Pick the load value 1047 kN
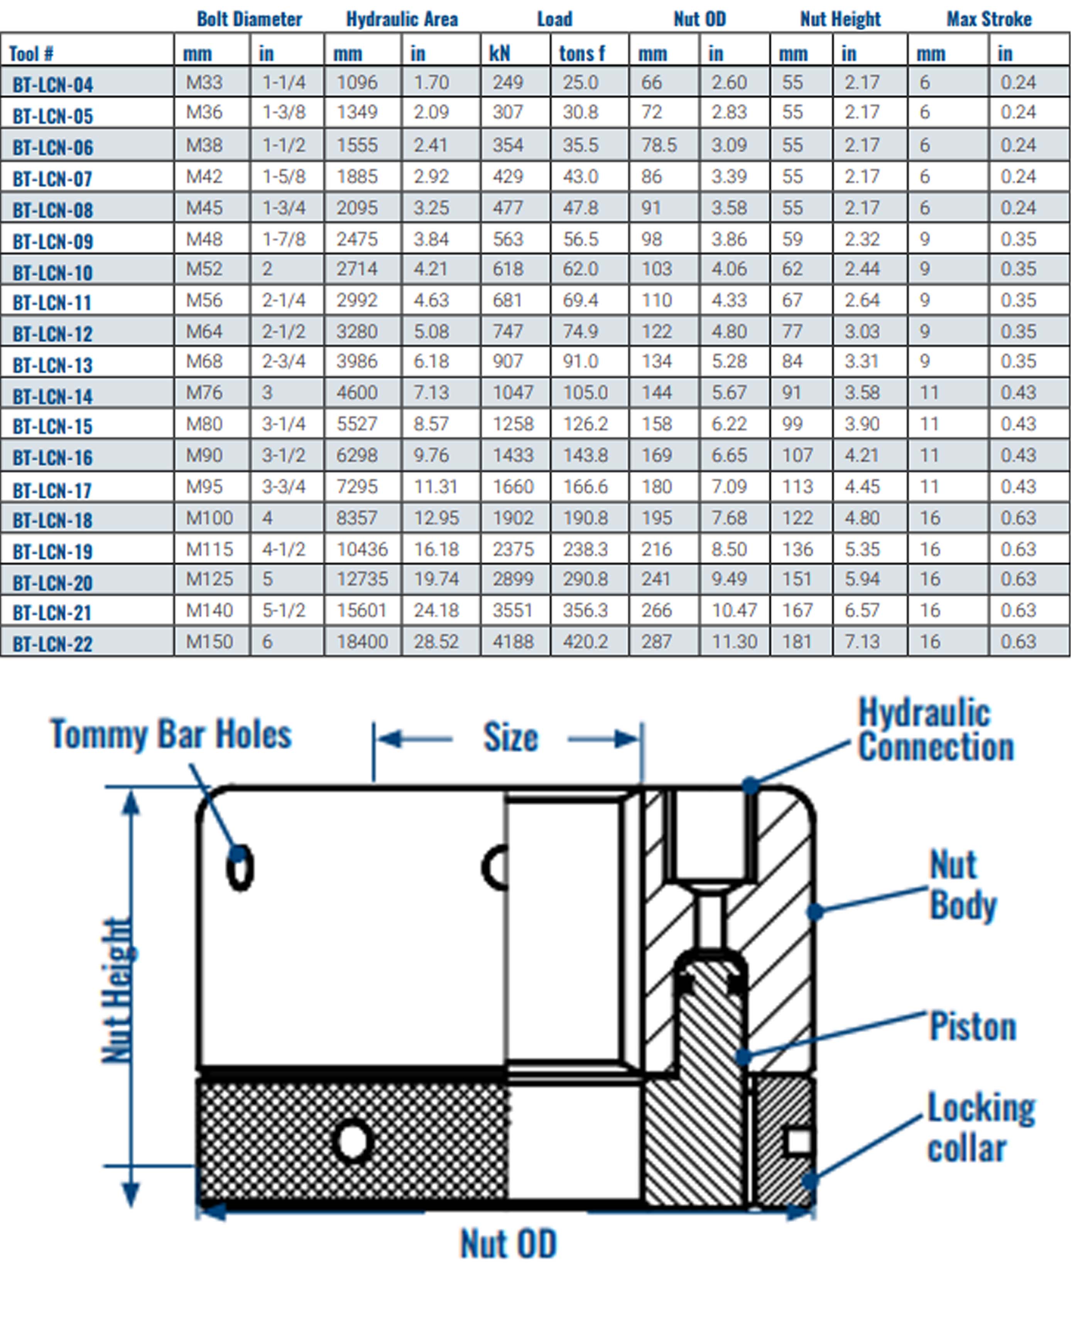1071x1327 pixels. [513, 393]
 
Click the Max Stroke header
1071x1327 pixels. [989, 19]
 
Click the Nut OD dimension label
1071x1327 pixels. [508, 1244]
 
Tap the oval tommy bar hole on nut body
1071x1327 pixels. [240, 868]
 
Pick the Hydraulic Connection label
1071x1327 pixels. [935, 730]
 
